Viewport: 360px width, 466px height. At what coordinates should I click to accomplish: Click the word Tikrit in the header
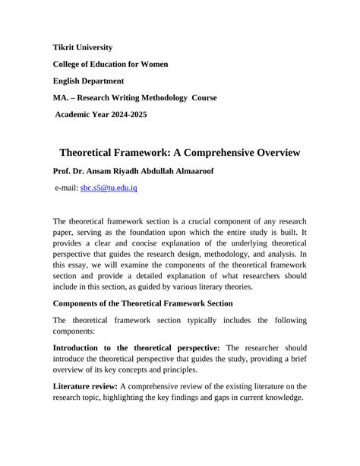tap(66, 48)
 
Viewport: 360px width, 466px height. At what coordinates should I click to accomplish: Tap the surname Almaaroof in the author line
tap(188, 171)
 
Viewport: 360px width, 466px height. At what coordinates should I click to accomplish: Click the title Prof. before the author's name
tap(63, 171)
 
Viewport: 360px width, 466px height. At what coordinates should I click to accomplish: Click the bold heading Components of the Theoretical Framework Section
tap(143, 303)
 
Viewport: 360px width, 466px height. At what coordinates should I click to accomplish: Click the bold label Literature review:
tap(84, 385)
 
